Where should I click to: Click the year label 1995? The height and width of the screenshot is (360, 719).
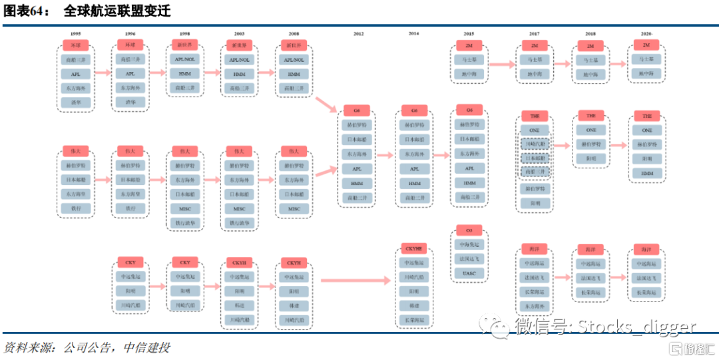click(x=75, y=33)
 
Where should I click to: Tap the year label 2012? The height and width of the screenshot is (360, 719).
click(x=358, y=33)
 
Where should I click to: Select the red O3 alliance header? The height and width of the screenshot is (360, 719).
click(x=469, y=230)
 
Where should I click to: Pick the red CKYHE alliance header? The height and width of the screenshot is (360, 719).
click(x=414, y=248)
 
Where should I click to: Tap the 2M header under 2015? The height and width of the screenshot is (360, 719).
click(x=469, y=45)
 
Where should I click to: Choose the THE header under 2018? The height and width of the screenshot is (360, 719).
click(x=591, y=116)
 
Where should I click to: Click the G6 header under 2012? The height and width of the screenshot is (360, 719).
click(x=358, y=109)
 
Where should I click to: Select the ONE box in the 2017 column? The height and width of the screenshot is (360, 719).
click(x=535, y=130)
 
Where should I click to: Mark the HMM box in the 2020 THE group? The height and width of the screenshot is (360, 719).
click(x=646, y=173)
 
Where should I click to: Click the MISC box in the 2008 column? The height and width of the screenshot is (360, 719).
click(x=294, y=208)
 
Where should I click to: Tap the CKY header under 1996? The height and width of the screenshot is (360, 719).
click(x=184, y=262)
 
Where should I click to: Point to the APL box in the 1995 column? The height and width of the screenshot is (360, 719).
click(x=75, y=74)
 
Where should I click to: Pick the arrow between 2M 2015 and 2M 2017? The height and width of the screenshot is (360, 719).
click(x=503, y=65)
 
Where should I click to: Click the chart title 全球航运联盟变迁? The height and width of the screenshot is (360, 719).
click(x=117, y=11)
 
